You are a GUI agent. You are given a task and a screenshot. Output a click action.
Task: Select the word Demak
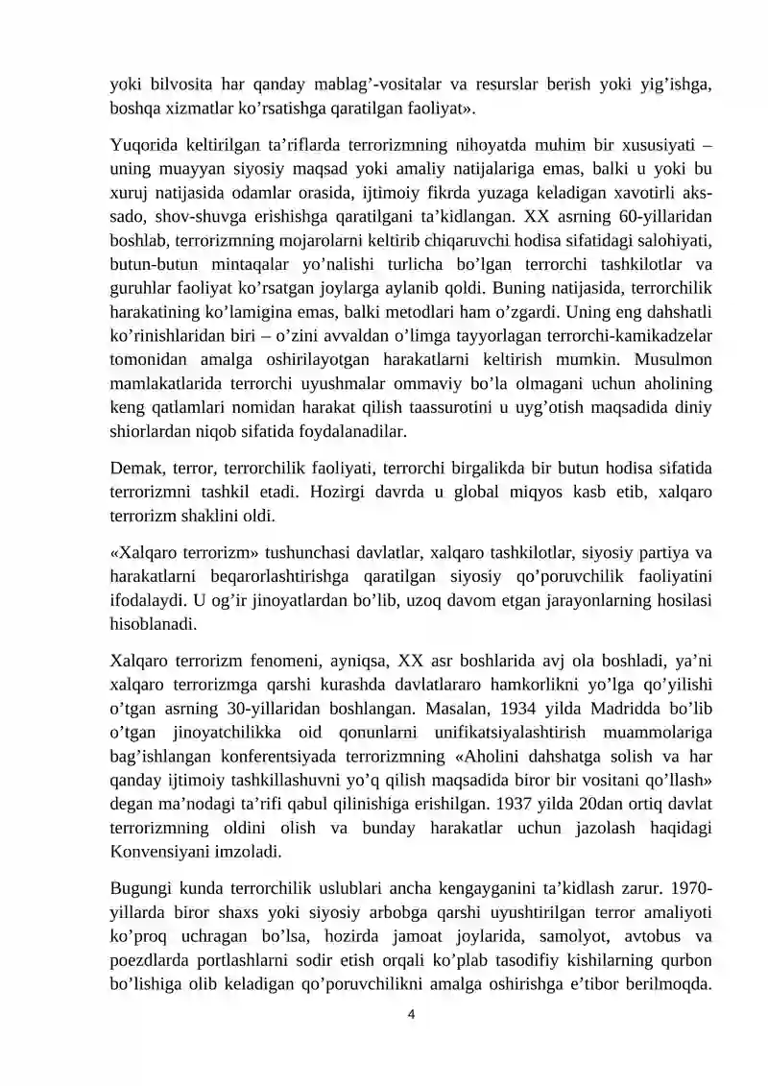click(136, 468)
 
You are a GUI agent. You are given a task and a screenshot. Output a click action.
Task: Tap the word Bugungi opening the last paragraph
click(142, 894)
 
